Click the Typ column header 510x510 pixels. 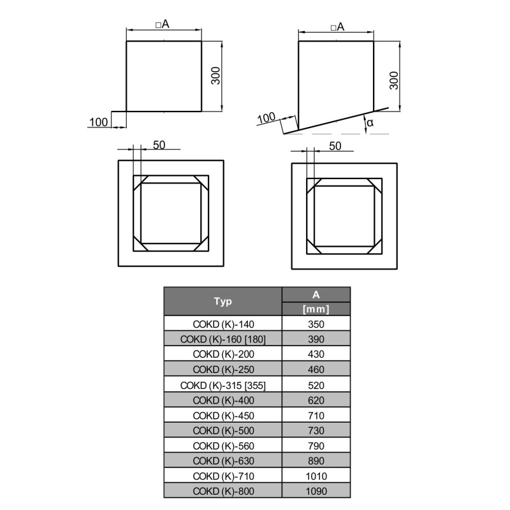coord(222,301)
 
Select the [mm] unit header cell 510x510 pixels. coord(316,309)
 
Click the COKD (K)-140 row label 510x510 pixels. coord(223,324)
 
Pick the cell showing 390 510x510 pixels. coord(316,339)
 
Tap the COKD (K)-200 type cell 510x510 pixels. coord(223,354)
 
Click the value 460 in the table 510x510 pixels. coord(316,369)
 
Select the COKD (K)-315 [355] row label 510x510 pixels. coord(223,385)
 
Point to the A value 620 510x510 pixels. coord(316,400)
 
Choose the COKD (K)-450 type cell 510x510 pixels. coord(223,416)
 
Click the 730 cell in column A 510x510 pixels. coord(316,430)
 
